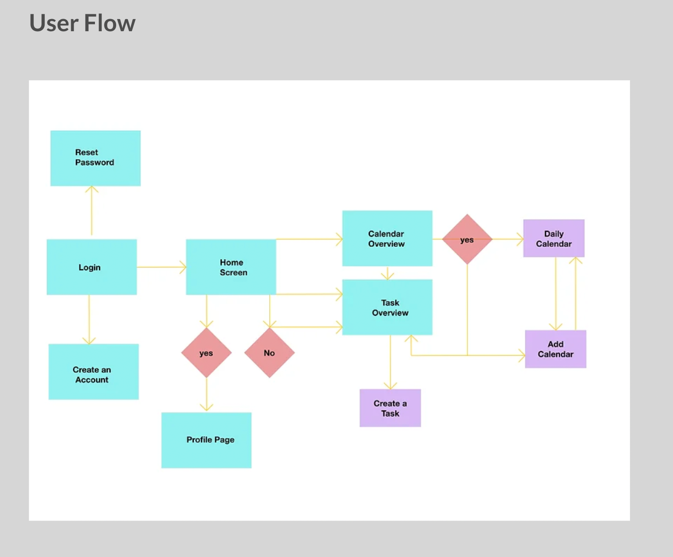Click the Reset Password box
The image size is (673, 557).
pyautogui.click(x=95, y=158)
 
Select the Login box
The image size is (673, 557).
pyautogui.click(x=91, y=267)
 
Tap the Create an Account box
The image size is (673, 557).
pyautogui.click(x=93, y=371)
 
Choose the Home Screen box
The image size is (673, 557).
pyautogui.click(x=231, y=267)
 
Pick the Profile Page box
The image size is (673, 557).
pyautogui.click(x=206, y=440)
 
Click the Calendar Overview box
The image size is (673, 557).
pyautogui.click(x=387, y=238)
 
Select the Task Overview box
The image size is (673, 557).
pyautogui.click(x=387, y=307)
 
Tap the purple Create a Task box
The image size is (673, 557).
pyautogui.click(x=390, y=408)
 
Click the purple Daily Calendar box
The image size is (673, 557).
pyautogui.click(x=553, y=238)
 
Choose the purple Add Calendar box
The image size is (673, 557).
pyautogui.click(x=555, y=349)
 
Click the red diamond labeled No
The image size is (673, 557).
pyautogui.click(x=269, y=353)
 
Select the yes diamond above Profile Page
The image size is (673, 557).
pyautogui.click(x=206, y=353)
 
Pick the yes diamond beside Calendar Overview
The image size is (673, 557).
pyautogui.click(x=467, y=239)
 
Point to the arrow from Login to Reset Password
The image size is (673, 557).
pyautogui.click(x=91, y=211)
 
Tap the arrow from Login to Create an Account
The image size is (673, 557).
pyautogui.click(x=89, y=319)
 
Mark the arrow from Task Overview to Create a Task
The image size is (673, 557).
pyautogui.click(x=390, y=362)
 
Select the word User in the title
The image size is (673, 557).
pyautogui.click(x=54, y=23)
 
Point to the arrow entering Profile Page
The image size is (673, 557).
pyautogui.click(x=206, y=395)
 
